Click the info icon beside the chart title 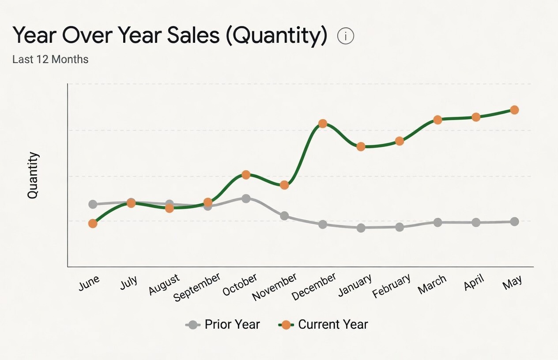(346, 36)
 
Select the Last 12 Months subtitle (50, 60)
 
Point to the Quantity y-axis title (33, 175)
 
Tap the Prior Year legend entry (222, 324)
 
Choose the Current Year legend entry (323, 324)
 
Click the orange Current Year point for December (323, 124)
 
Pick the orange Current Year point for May (514, 110)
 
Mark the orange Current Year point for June (93, 224)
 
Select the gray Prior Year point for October (246, 199)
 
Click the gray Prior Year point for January (361, 228)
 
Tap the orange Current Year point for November (284, 185)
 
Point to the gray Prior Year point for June (93, 204)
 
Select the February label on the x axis (391, 285)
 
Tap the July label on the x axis (128, 282)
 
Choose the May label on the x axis (512, 282)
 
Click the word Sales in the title (193, 35)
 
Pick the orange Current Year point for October (246, 175)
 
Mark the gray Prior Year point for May (514, 221)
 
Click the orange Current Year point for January (361, 146)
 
